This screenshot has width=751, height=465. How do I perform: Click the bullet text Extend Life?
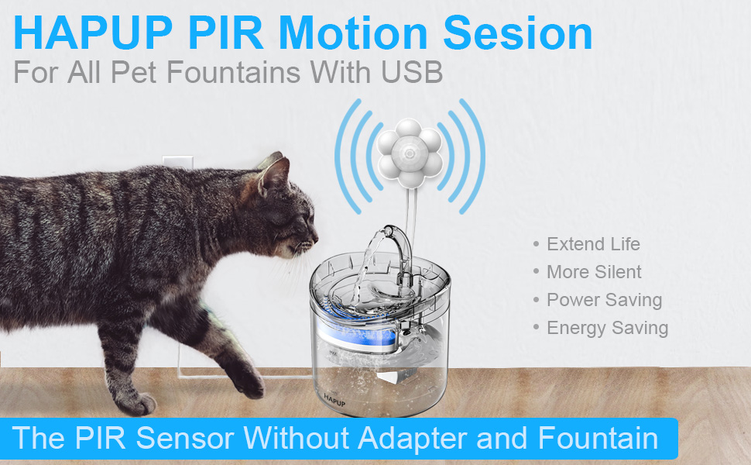[593, 244]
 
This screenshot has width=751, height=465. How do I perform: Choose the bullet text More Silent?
[594, 272]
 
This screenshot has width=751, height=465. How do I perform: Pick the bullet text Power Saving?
[604, 300]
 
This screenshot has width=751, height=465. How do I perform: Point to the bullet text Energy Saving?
[607, 328]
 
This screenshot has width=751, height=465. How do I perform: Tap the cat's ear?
[273, 174]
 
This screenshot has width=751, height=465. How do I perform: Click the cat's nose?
[314, 235]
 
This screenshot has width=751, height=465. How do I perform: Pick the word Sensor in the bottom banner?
[185, 438]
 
